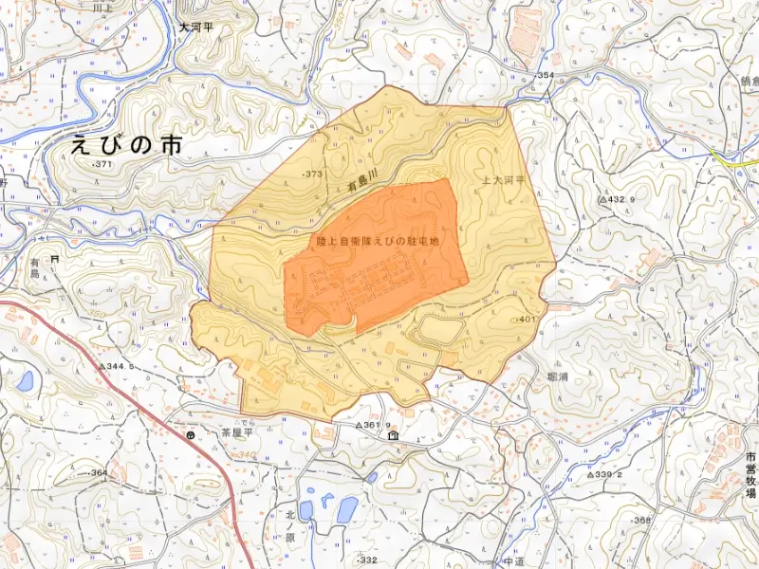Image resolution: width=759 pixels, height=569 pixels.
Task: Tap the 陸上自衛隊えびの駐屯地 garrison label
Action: click(378, 242)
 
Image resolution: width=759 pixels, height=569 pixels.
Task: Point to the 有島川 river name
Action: click(363, 177)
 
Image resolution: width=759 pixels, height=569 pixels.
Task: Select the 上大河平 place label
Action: click(503, 178)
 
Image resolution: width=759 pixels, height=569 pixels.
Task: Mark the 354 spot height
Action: click(544, 75)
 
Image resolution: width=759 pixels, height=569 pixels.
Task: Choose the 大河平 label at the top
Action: click(196, 28)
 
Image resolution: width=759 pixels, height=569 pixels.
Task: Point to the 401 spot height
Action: click(527, 320)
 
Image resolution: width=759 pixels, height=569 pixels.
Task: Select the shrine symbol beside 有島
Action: click(55, 258)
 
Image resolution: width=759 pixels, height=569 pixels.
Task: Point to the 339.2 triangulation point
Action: click(603, 474)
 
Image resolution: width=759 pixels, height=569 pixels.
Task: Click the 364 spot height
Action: click(98, 472)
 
